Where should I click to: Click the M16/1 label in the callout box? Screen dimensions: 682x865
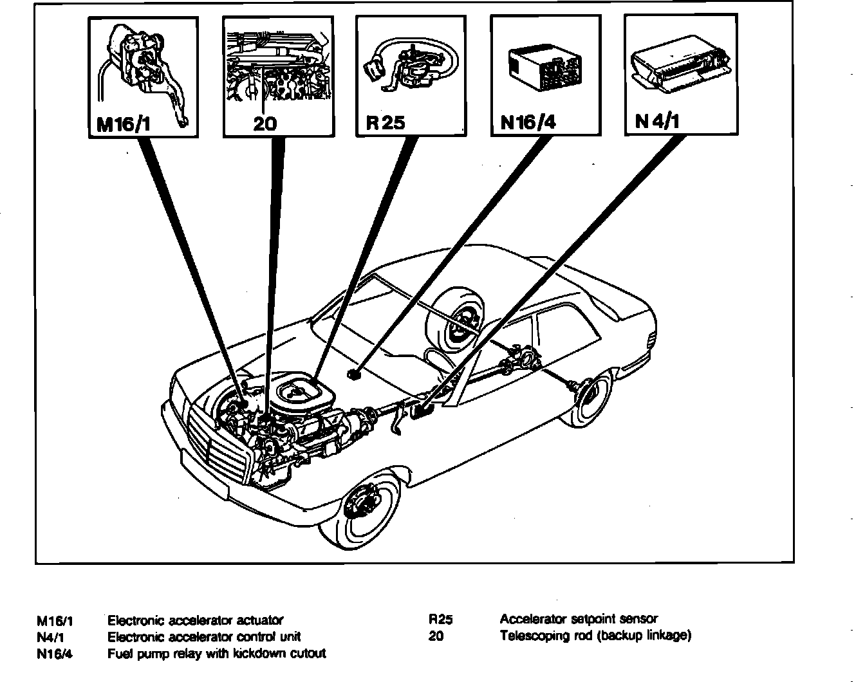(124, 123)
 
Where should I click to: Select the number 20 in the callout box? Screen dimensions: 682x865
(265, 123)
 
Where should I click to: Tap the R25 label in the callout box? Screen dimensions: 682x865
(386, 122)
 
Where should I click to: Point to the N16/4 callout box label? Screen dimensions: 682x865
(527, 122)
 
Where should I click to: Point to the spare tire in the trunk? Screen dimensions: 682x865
(458, 320)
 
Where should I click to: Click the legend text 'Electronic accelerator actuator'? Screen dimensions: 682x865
(195, 621)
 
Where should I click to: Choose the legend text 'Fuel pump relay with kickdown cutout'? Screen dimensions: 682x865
(216, 654)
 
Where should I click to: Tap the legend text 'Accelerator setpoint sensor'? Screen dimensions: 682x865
(579, 619)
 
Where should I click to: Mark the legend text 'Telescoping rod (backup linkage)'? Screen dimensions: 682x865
(595, 636)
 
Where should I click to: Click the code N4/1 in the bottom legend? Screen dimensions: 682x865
(54, 638)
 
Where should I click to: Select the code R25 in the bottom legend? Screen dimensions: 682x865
(441, 620)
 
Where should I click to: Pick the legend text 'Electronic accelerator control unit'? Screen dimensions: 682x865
(203, 637)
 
